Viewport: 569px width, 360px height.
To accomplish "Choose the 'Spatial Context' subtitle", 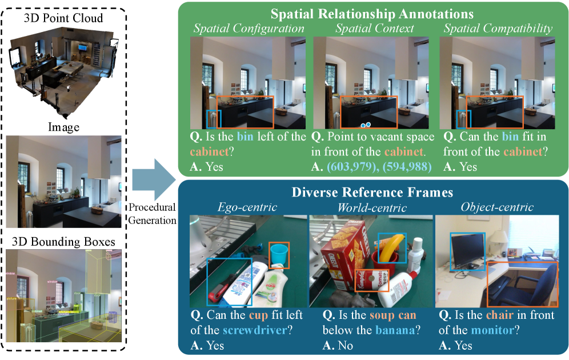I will [x=374, y=28].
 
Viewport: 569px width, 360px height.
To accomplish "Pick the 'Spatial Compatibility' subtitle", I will [x=498, y=28].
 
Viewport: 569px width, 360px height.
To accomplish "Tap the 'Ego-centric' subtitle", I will [x=246, y=207].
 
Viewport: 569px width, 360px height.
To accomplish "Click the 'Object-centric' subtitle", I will [x=496, y=207].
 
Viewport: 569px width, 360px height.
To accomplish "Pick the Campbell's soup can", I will [x=372, y=281].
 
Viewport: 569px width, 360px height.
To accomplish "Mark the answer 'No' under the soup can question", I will [x=346, y=345].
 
